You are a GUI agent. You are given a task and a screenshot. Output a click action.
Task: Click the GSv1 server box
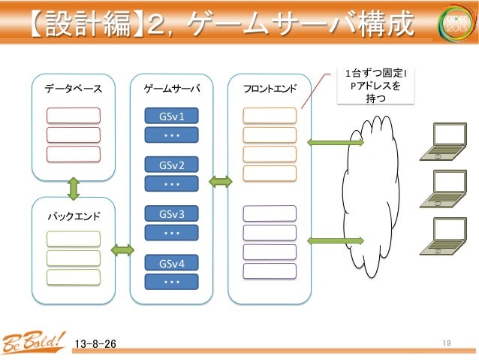tap(172, 116)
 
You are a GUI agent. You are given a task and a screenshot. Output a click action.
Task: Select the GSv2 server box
tap(172, 165)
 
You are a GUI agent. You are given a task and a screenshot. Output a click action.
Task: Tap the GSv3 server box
tap(172, 214)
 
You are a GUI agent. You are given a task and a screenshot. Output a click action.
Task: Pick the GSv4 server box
tap(172, 263)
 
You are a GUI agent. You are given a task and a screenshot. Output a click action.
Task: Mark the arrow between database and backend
tap(74, 188)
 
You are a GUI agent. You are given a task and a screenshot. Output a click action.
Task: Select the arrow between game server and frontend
tap(220, 181)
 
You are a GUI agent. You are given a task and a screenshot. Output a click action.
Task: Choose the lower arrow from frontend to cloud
tap(335, 241)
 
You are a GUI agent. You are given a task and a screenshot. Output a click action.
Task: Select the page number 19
tap(446, 343)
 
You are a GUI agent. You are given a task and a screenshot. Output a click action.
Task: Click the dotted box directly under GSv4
tap(172, 282)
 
